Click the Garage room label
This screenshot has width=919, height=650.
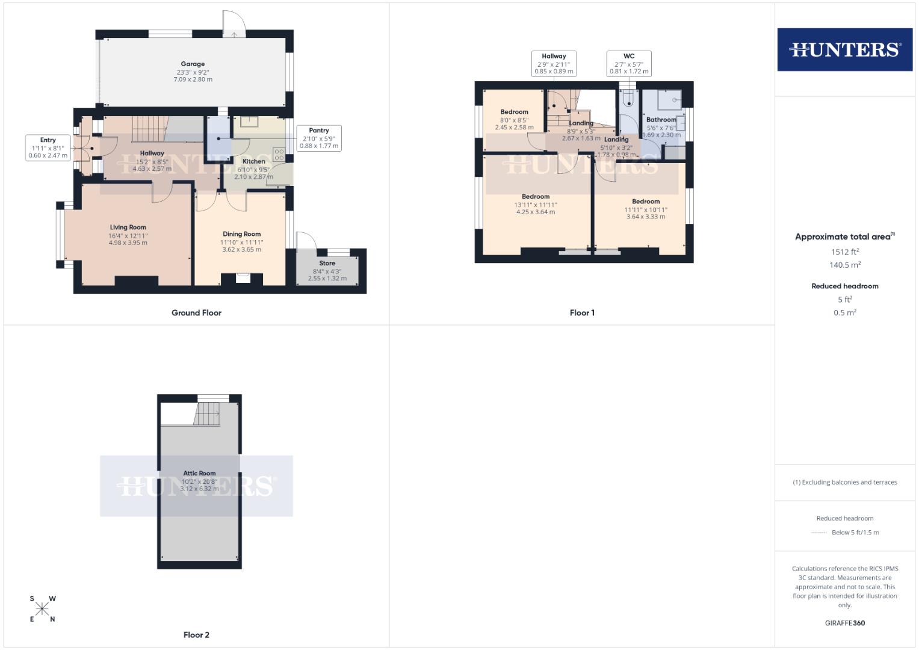(193, 64)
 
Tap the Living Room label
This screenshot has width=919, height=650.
(128, 227)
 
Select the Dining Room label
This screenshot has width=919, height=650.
(241, 234)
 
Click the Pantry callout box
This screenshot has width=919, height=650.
(318, 138)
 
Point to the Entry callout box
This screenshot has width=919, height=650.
(48, 147)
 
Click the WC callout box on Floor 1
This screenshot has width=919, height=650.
(629, 63)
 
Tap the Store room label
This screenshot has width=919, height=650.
(327, 263)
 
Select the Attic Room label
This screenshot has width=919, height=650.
(199, 474)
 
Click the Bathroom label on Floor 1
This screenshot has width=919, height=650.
(661, 120)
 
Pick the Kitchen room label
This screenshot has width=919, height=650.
(254, 161)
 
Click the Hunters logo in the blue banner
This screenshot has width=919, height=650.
(844, 49)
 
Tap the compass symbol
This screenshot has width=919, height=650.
(42, 608)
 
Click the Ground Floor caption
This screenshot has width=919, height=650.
(196, 313)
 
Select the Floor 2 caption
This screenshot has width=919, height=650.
(196, 635)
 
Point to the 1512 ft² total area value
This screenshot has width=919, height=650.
(844, 252)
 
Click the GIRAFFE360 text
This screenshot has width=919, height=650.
(844, 623)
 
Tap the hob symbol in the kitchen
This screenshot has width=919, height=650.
(279, 154)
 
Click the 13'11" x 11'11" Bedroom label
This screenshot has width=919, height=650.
(536, 197)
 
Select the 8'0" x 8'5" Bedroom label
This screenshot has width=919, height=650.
(514, 112)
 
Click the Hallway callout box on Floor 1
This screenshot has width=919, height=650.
(554, 63)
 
